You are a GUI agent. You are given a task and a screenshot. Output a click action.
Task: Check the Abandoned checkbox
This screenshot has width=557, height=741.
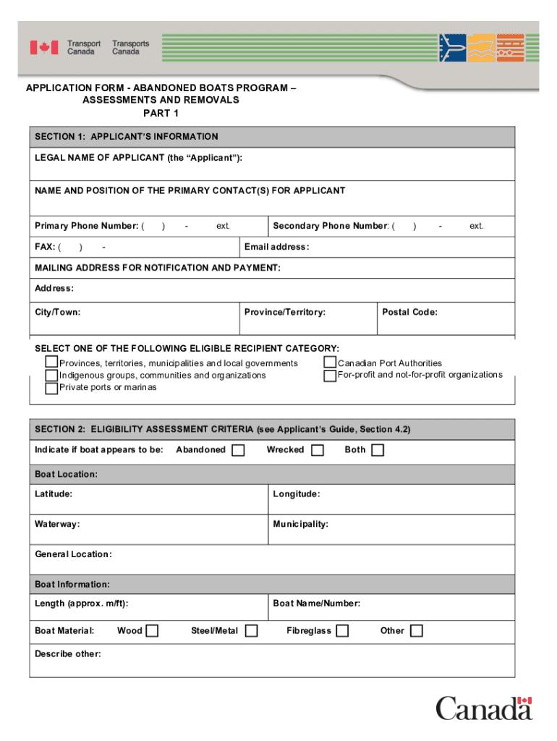238,450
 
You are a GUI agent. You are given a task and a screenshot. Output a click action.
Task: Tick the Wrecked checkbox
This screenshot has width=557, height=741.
317,450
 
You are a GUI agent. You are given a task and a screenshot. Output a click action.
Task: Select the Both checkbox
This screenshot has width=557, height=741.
377,450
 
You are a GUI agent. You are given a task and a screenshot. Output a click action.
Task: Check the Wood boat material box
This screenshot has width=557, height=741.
152,631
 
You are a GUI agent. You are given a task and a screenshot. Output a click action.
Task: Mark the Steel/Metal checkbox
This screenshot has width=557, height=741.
251,631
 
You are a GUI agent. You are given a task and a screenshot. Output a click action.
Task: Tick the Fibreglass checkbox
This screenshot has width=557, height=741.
342,631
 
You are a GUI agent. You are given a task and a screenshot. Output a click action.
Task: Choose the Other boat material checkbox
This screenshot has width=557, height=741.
416,631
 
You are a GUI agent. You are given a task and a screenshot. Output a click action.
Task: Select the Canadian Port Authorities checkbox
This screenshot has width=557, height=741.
330,363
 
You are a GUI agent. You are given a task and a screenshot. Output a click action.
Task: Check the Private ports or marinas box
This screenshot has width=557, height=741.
51,388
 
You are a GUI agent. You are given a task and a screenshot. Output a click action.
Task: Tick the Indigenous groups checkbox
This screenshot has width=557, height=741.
51,376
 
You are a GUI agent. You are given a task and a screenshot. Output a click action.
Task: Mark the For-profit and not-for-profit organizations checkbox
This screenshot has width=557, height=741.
330,376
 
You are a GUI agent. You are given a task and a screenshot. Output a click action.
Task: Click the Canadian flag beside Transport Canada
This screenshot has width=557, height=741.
43,48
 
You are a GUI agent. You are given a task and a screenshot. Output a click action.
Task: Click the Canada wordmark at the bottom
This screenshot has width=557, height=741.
483,708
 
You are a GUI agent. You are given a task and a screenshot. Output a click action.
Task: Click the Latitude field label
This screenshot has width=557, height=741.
54,494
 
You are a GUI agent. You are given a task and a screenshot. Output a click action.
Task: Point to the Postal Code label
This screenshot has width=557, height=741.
409,313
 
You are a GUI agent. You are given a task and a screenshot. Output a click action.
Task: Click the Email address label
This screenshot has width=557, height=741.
276,247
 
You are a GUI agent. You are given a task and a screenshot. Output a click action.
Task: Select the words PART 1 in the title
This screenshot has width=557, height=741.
161,113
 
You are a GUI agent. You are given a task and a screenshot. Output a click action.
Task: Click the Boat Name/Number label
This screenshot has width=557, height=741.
316,604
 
